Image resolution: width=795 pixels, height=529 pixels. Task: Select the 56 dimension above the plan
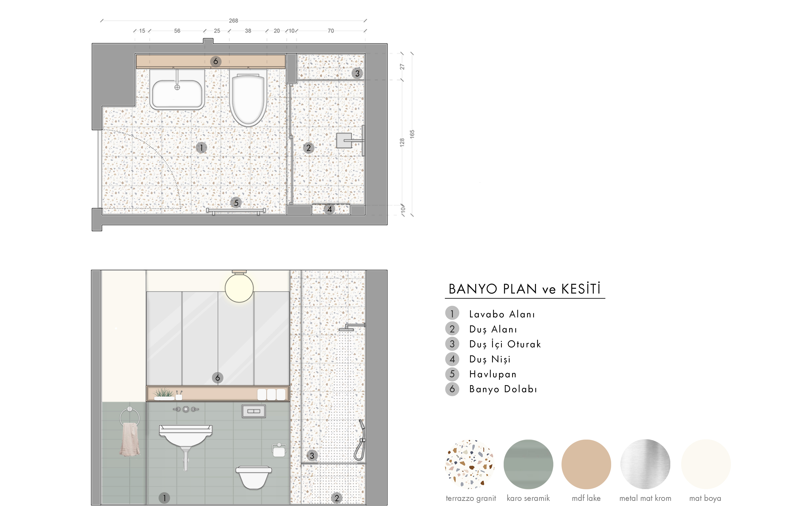click(x=177, y=31)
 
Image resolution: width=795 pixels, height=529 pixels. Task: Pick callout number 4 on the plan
click(x=330, y=209)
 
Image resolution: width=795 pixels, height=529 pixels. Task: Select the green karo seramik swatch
click(x=528, y=464)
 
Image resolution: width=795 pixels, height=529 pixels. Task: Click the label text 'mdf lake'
click(x=586, y=498)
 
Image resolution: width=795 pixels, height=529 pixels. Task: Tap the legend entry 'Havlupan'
click(x=493, y=374)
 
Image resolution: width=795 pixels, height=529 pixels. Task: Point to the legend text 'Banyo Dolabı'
click(x=503, y=389)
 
